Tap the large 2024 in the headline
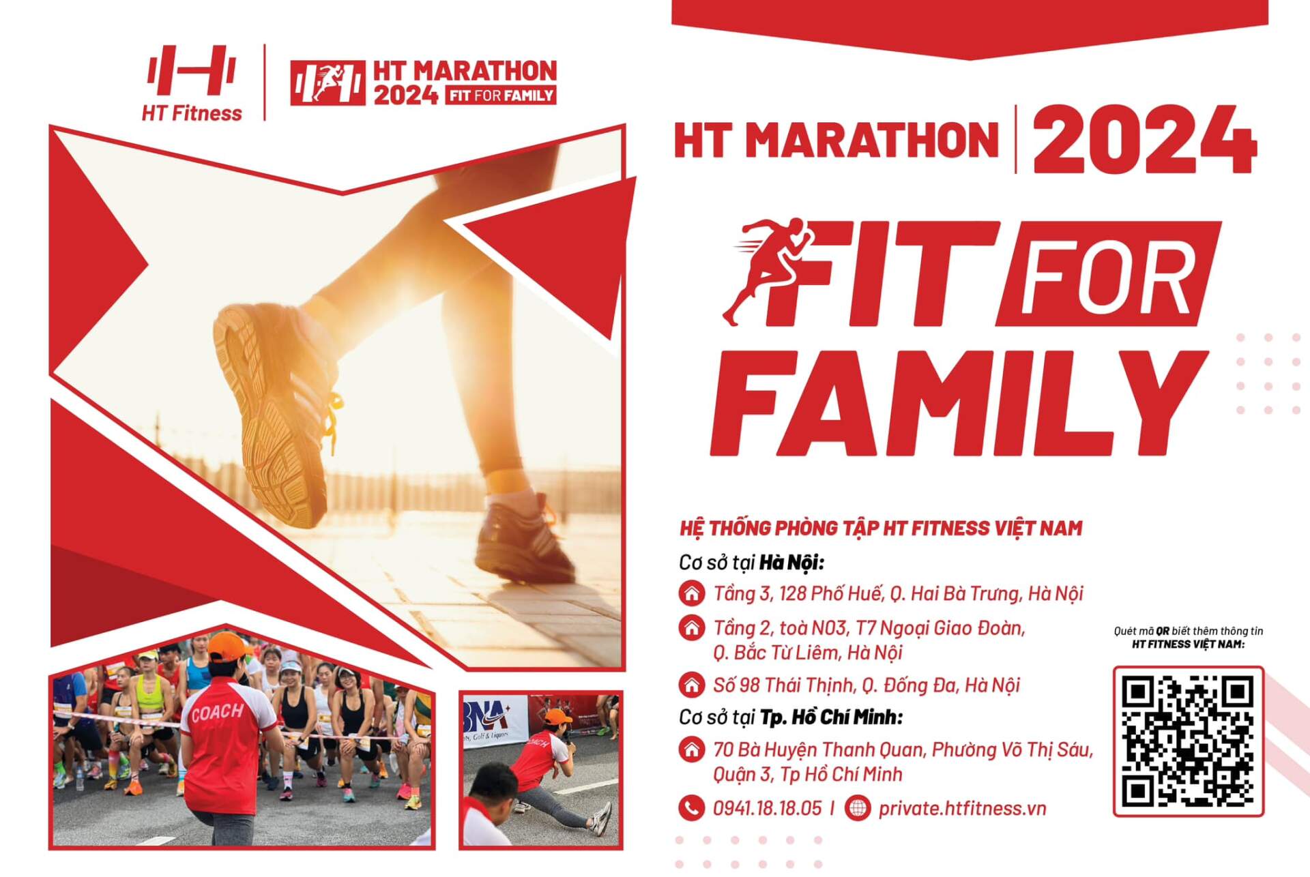[x=1144, y=140]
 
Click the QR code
[x=1188, y=741]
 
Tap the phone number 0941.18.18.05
[x=767, y=809]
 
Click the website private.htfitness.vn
[x=962, y=809]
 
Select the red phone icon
[x=691, y=808]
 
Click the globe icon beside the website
[x=858, y=808]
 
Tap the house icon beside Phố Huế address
[x=691, y=593]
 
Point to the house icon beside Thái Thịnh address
[x=691, y=684]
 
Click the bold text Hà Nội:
[x=792, y=563]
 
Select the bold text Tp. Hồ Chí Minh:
[x=832, y=717]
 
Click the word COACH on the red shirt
[x=218, y=713]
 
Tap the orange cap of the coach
[x=227, y=646]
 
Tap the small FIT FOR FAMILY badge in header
[x=501, y=95]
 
